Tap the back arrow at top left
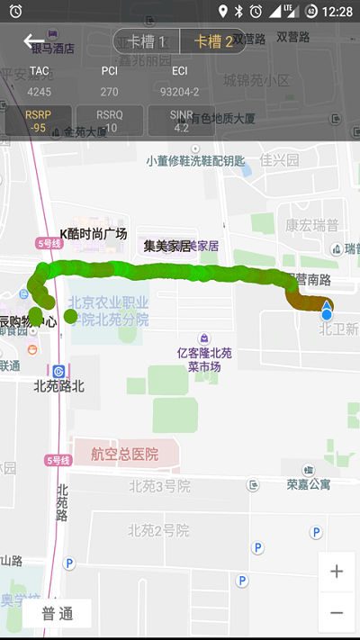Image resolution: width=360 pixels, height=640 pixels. pos(33,41)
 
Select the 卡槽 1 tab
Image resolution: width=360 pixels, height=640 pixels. pos(147,41)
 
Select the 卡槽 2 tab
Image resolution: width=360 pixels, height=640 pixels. pos(213,41)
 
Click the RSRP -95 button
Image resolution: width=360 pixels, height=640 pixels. pos(38,121)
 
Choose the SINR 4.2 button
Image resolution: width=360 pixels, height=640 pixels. pos(181,121)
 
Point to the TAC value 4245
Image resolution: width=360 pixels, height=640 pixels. pos(40,91)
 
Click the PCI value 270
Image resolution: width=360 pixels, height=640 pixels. pos(110,91)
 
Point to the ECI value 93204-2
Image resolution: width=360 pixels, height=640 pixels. pos(180,91)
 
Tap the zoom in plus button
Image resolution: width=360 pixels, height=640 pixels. pos(337,572)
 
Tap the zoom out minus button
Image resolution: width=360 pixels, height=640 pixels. pos(337,612)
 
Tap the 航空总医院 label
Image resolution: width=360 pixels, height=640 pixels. pos(124,455)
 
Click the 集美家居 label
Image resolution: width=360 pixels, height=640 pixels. pos(167,245)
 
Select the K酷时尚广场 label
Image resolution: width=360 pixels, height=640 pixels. pos(94,234)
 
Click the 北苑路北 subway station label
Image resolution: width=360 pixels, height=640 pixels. pos(58,386)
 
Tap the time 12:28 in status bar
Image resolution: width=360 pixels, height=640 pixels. pos(337,11)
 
